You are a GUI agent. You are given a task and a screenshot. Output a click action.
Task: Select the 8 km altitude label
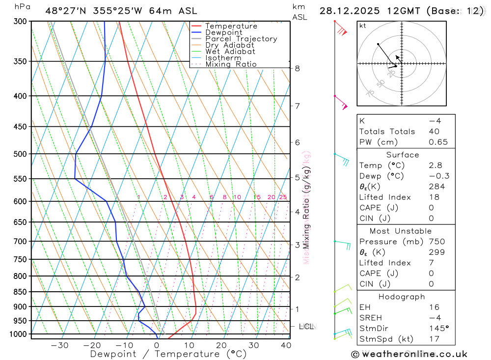[298, 68]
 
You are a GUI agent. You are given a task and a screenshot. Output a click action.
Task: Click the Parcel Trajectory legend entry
[241, 39]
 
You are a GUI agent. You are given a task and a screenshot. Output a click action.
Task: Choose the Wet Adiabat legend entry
[230, 52]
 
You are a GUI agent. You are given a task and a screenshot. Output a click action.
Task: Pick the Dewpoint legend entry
[224, 32]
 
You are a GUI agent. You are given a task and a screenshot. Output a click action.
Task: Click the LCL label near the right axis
[306, 326]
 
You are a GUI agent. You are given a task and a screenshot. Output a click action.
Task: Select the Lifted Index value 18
[434, 197]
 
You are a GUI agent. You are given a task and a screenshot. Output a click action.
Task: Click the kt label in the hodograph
[363, 26]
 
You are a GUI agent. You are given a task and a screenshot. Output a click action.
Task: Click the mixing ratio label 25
[283, 197]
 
